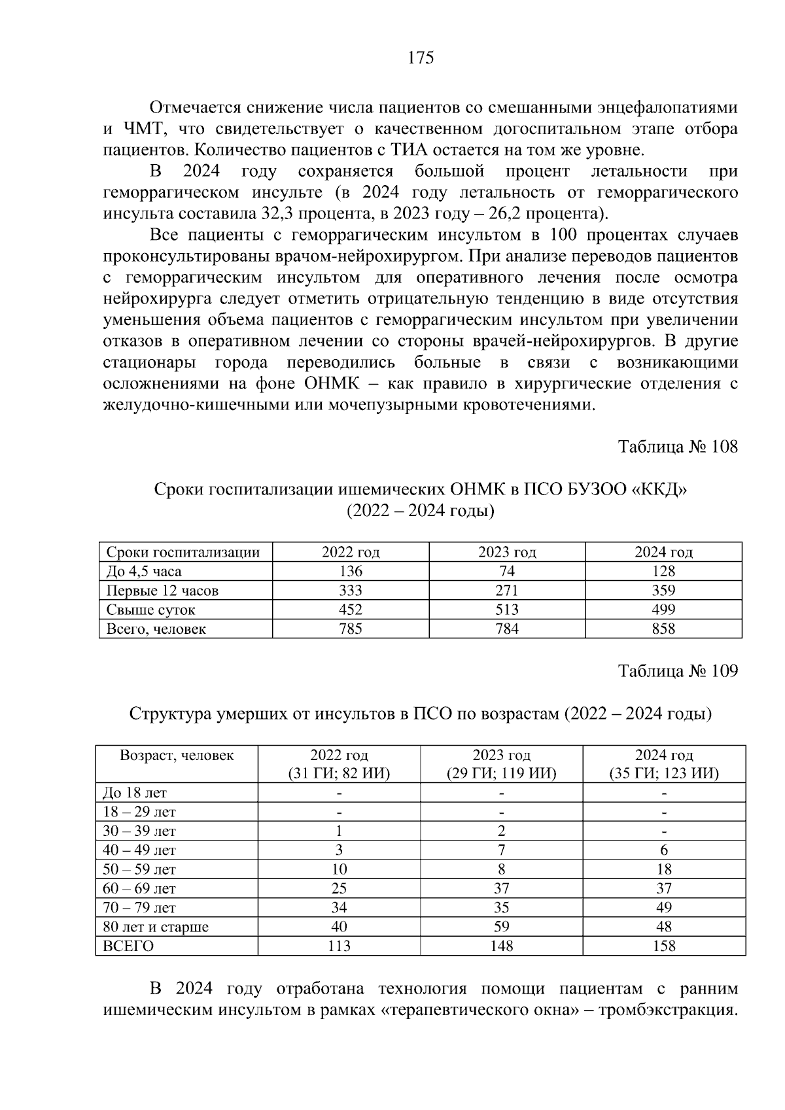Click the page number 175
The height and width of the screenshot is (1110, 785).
pos(421,58)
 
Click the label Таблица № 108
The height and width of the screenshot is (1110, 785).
pos(678,447)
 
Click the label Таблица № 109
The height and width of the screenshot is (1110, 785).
pos(678,671)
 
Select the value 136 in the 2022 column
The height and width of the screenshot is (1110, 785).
pos(350,571)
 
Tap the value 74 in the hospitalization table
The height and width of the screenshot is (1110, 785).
pos(507,571)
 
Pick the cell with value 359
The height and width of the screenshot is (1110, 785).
pos(663,591)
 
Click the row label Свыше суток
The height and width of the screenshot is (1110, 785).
pos(151,610)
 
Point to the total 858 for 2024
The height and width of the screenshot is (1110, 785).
pos(663,629)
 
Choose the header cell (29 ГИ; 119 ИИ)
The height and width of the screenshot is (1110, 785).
pos(502,774)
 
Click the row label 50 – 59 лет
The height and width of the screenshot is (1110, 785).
pos(139,869)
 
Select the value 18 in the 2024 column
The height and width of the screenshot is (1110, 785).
pos(663,869)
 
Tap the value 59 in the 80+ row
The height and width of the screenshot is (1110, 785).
pos(502,927)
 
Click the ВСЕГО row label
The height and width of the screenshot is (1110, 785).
pos(128,946)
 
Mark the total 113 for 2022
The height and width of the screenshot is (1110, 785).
pos(339,946)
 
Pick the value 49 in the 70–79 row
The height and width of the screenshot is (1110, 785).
pos(663,908)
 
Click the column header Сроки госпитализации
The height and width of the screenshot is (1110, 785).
pos(183,552)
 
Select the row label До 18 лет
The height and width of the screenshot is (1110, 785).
pos(135,793)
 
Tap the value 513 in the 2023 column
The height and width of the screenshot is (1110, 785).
pos(507,610)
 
